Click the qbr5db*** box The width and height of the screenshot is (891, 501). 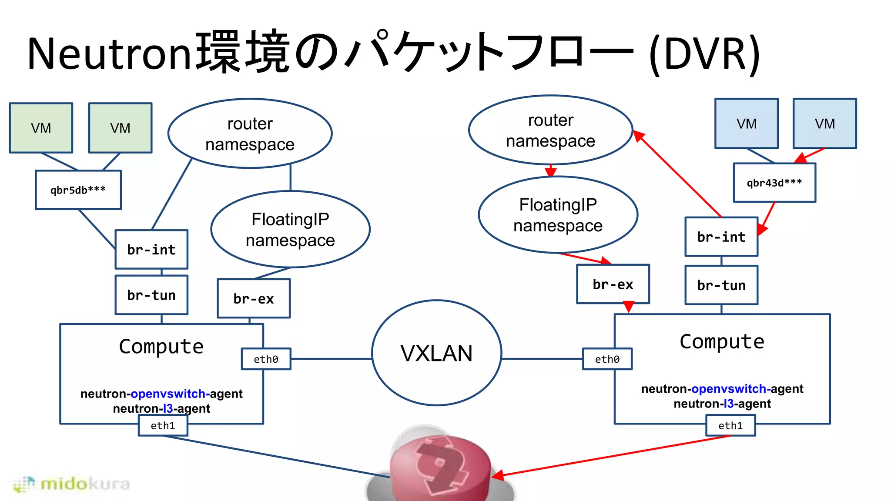click(78, 190)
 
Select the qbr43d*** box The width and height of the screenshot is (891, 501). click(774, 183)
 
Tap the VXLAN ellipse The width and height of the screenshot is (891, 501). click(436, 353)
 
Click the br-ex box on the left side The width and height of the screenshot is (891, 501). click(254, 299)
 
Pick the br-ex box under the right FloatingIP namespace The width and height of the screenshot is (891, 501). click(613, 284)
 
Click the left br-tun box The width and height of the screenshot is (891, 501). click(151, 295)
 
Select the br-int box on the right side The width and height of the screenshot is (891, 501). click(721, 237)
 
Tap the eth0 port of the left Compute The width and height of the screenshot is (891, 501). click(266, 359)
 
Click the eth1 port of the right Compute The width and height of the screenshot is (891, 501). click(730, 426)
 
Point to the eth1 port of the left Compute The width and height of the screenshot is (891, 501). click(163, 426)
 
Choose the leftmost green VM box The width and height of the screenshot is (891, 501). click(41, 128)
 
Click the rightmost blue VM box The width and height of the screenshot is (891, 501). click(824, 124)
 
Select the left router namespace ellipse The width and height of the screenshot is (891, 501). click(250, 134)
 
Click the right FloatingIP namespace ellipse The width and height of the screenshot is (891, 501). click(558, 215)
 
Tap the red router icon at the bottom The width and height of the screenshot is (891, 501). click(439, 468)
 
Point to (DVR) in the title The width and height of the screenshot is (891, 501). click(704, 53)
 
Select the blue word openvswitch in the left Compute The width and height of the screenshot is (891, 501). click(168, 394)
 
